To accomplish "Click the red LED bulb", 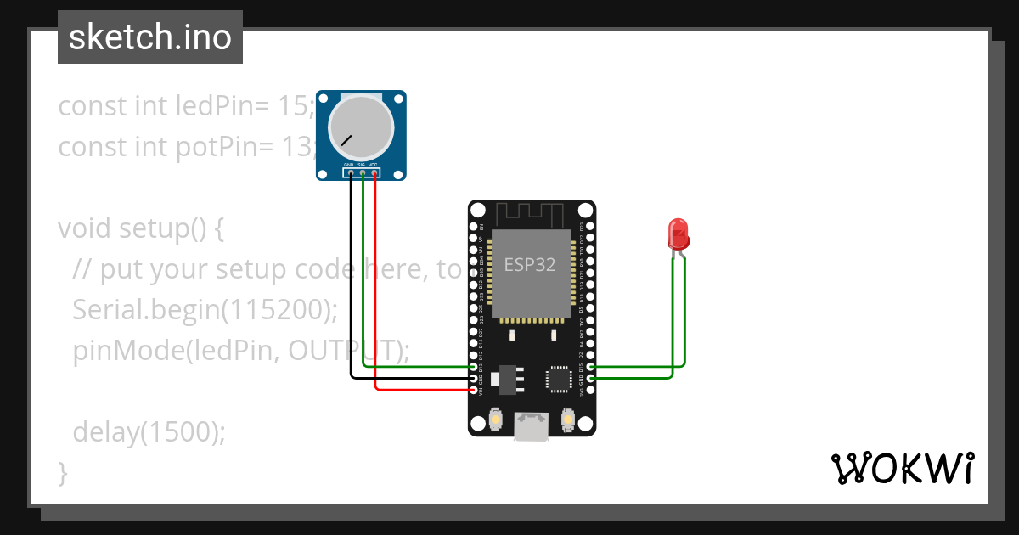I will (678, 233).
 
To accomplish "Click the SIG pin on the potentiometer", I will (363, 173).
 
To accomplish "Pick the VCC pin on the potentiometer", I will (375, 173).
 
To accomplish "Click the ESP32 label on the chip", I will (530, 264).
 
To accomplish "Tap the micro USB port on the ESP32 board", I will (532, 427).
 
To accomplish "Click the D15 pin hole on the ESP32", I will (590, 367).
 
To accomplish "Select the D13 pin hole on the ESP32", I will (474, 367).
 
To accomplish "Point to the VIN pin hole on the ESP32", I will (474, 391).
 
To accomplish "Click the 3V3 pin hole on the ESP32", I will (590, 391).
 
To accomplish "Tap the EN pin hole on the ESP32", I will (474, 228).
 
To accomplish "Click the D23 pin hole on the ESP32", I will (590, 228).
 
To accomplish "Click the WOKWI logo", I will (902, 468).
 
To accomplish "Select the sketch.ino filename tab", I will (150, 37).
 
